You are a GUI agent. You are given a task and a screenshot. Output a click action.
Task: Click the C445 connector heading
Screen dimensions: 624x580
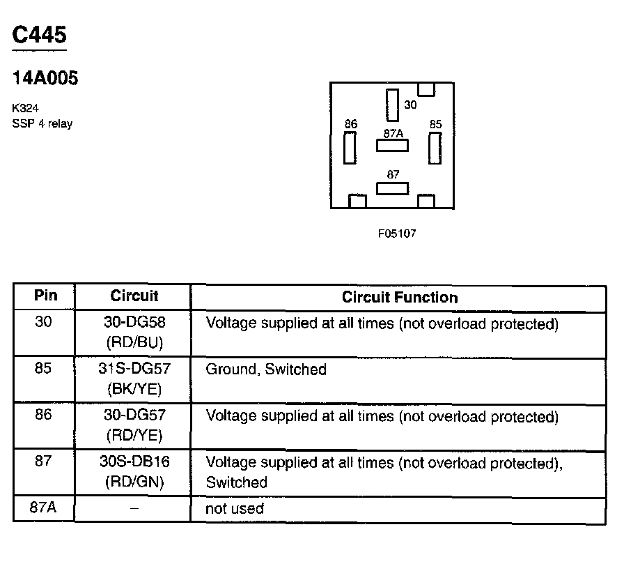[40, 36]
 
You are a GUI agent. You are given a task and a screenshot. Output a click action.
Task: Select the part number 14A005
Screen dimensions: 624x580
[45, 78]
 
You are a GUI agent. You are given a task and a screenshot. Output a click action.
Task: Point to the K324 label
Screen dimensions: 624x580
[24, 109]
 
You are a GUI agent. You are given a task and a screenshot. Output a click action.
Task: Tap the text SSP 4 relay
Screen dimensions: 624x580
[42, 124]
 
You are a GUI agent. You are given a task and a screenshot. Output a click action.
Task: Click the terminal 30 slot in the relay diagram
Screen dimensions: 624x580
[393, 105]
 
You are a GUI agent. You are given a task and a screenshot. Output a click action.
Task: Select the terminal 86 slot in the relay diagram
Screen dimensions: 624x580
[350, 147]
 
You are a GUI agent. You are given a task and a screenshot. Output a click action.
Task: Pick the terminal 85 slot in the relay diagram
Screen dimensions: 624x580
[435, 147]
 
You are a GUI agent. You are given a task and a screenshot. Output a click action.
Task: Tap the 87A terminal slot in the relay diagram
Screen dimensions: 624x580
[392, 146]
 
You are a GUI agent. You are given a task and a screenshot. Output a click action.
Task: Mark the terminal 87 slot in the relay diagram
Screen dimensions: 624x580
[392, 188]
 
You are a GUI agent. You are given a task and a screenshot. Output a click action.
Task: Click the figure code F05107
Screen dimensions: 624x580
[397, 234]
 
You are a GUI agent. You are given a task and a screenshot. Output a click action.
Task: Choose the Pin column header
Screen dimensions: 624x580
[45, 296]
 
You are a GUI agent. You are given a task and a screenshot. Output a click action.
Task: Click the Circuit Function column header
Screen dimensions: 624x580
[399, 298]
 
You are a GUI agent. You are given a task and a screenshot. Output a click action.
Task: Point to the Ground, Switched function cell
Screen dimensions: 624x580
[265, 369]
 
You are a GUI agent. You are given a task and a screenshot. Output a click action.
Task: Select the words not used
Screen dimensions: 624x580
[234, 509]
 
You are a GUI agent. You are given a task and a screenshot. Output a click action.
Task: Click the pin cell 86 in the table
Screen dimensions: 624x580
[43, 415]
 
